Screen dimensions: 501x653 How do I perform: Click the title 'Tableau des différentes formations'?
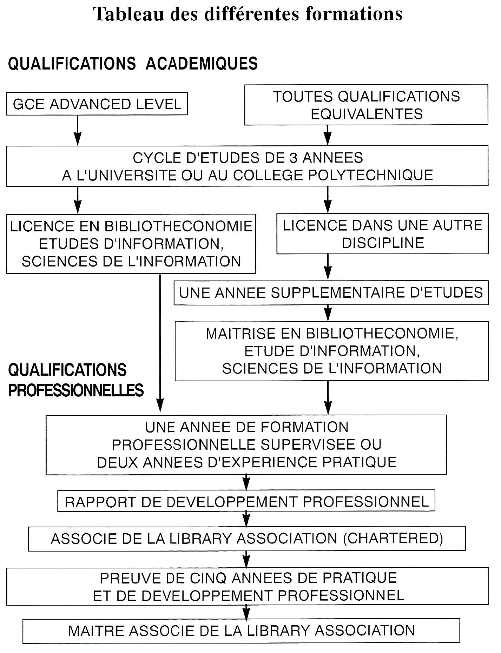248,14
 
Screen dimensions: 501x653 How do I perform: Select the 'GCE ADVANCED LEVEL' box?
97,104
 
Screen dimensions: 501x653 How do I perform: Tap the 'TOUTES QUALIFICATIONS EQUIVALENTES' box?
366,105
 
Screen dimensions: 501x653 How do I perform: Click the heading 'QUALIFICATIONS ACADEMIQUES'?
133,64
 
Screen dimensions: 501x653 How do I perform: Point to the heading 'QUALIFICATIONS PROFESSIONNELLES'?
76,380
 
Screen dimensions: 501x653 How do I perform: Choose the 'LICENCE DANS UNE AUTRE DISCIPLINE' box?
382,233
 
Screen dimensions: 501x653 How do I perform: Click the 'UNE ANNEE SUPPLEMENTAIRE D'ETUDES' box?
331,292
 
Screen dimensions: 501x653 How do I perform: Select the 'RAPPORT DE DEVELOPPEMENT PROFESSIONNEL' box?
246,501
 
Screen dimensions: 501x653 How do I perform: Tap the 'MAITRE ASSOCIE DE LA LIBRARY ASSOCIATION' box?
242,631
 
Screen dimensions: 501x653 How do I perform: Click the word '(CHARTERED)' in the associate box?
393,538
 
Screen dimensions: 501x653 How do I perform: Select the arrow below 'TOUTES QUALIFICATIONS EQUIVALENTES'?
328,135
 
